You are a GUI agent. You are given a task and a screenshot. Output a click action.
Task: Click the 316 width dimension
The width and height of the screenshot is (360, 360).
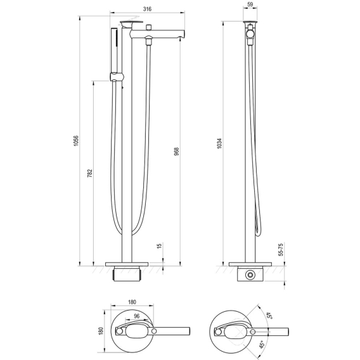pyautogui.click(x=147, y=9)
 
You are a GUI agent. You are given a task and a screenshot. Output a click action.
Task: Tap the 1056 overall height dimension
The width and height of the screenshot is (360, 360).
pyautogui.click(x=76, y=141)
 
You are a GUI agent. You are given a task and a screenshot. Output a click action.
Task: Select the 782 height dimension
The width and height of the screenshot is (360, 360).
pyautogui.click(x=90, y=173)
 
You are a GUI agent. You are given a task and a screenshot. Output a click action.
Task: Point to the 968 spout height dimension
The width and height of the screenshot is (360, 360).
pyautogui.click(x=176, y=151)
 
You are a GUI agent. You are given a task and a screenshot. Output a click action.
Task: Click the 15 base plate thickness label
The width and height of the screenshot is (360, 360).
pyautogui.click(x=160, y=246)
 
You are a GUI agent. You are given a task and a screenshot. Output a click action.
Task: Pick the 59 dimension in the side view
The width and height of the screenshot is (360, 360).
pyautogui.click(x=250, y=4)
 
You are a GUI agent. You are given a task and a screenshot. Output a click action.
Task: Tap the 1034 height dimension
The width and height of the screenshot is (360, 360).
pyautogui.click(x=219, y=143)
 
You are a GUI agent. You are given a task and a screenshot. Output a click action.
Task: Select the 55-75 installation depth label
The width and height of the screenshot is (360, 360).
pyautogui.click(x=281, y=250)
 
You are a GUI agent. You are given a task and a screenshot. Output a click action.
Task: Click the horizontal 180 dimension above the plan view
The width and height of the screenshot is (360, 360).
pyautogui.click(x=132, y=302)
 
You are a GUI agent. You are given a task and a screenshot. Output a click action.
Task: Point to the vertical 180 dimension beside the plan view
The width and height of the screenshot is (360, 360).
pyautogui.click(x=101, y=331)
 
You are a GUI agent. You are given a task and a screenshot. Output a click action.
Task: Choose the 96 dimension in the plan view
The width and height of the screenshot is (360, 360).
pyautogui.click(x=137, y=316)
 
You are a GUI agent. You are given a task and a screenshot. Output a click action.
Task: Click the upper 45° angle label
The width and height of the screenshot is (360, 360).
pyautogui.click(x=269, y=315)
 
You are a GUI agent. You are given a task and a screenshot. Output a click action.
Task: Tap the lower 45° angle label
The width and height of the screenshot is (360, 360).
pyautogui.click(x=262, y=345)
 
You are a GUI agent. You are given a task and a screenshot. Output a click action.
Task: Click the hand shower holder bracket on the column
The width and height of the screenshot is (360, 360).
pyautogui.click(x=117, y=77)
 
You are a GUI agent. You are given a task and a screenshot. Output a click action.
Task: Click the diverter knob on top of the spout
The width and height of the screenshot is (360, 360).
pyautogui.click(x=149, y=27)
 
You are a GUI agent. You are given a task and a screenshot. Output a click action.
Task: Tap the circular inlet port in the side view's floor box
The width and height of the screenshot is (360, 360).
pyautogui.click(x=250, y=275)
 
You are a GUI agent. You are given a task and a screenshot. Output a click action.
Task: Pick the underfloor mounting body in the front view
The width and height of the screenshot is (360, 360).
pyautogui.click(x=127, y=274)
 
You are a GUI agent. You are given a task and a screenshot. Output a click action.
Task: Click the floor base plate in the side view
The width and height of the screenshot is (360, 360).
pyautogui.click(x=250, y=264)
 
